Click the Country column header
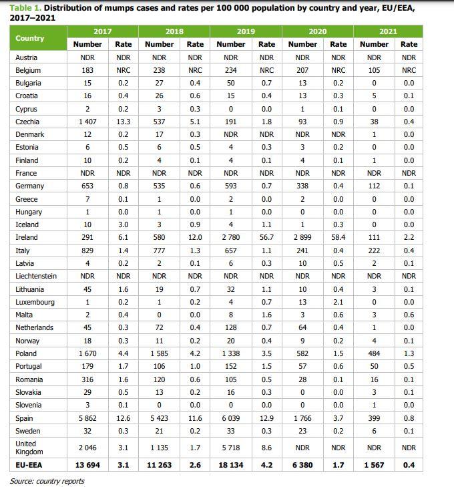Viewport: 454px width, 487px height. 30,38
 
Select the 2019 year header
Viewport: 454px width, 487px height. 246,31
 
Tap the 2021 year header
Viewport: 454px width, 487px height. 388,31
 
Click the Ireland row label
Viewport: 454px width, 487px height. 27,238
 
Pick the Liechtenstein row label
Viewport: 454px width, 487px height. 36,276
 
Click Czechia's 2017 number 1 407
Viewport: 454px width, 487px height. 87,122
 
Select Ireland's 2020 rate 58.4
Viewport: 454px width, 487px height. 338,238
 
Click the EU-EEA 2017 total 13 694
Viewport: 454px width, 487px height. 87,466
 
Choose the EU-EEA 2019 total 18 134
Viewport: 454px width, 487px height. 231,466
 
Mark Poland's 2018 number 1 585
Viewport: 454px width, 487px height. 159,353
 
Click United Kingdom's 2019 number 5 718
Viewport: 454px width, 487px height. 231,448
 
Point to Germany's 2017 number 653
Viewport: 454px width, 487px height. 87,186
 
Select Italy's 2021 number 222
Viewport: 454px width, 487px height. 374,251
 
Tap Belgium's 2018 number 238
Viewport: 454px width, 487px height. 159,70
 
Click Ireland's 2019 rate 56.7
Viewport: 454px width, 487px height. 266,238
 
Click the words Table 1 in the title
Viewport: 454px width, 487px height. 25,7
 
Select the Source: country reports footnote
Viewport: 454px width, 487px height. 47,481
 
